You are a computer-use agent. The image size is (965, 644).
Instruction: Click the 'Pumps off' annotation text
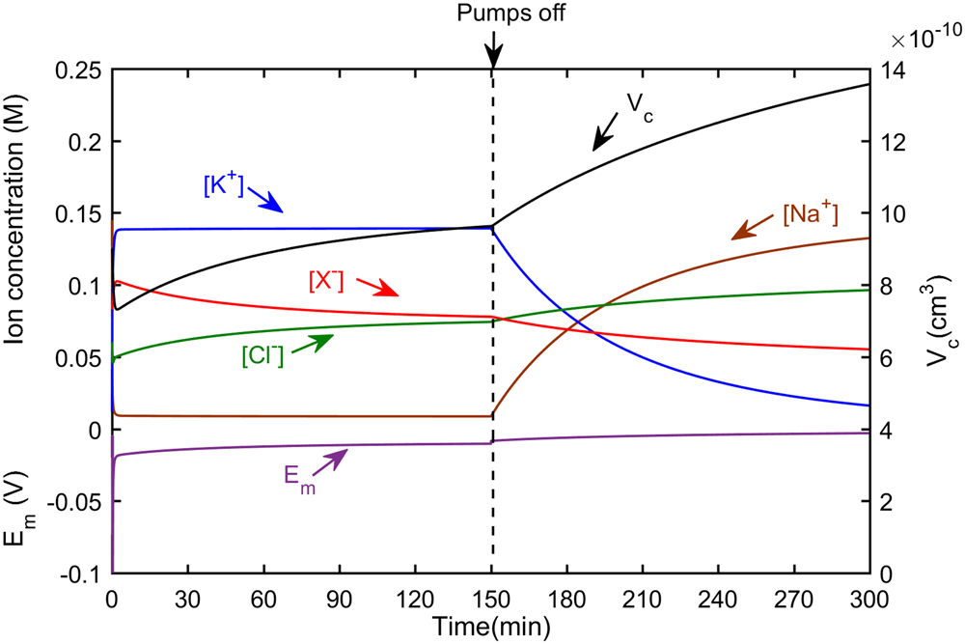pyautogui.click(x=492, y=14)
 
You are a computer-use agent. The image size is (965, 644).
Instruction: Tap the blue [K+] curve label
pyautogui.click(x=223, y=185)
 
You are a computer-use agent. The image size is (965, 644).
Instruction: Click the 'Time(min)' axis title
pyautogui.click(x=491, y=625)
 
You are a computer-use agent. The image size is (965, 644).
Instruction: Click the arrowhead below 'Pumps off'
pyautogui.click(x=492, y=57)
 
